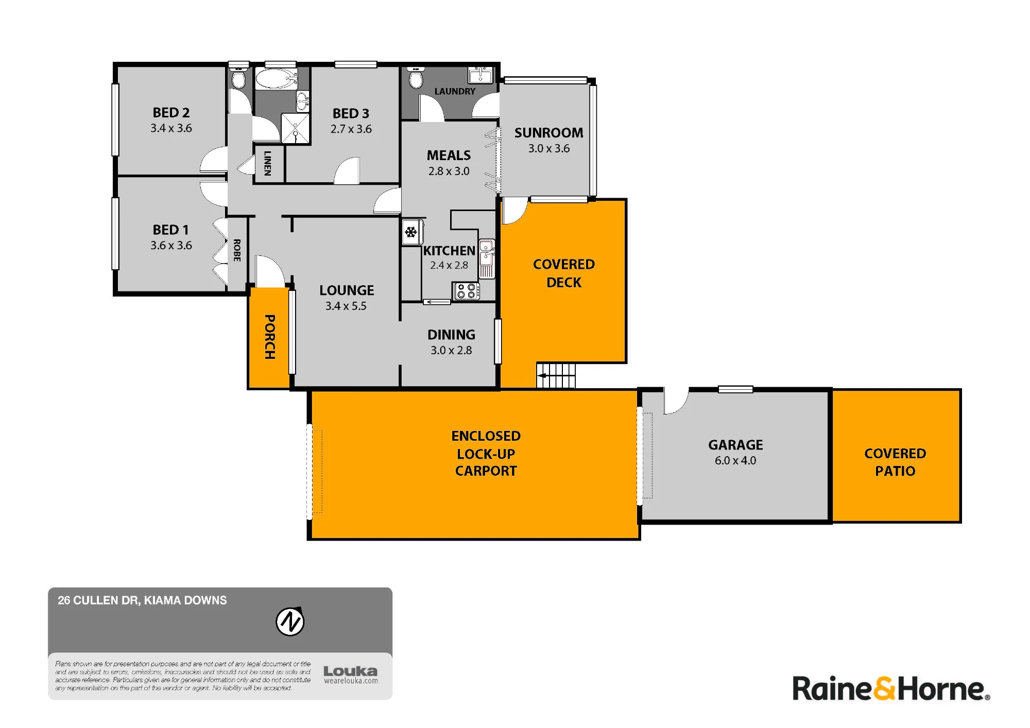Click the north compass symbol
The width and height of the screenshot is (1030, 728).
(x=290, y=621)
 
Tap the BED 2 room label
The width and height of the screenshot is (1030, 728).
(x=171, y=112)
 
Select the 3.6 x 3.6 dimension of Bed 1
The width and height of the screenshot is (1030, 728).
(x=171, y=245)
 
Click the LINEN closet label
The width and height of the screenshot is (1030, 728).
(x=267, y=163)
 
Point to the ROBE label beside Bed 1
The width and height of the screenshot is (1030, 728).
(x=237, y=250)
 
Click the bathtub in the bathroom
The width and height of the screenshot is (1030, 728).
(x=277, y=79)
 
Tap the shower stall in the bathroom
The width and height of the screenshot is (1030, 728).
(x=295, y=128)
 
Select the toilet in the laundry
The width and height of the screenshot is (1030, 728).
(x=416, y=78)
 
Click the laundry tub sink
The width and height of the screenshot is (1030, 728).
(x=480, y=75)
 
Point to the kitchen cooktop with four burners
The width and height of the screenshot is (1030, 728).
(x=466, y=291)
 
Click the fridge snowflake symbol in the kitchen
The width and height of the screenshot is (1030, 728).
(x=411, y=232)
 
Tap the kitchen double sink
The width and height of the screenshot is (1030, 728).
(x=487, y=259)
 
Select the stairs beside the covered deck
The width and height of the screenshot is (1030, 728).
(x=556, y=375)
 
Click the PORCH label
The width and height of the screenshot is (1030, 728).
(x=269, y=337)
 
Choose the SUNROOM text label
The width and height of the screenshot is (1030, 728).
(x=549, y=133)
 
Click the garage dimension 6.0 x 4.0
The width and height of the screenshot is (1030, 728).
(x=735, y=460)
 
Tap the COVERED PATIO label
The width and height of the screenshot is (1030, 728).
(x=895, y=462)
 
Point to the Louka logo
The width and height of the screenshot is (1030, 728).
(x=351, y=674)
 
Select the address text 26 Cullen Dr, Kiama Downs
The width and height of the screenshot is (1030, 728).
(x=142, y=600)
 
